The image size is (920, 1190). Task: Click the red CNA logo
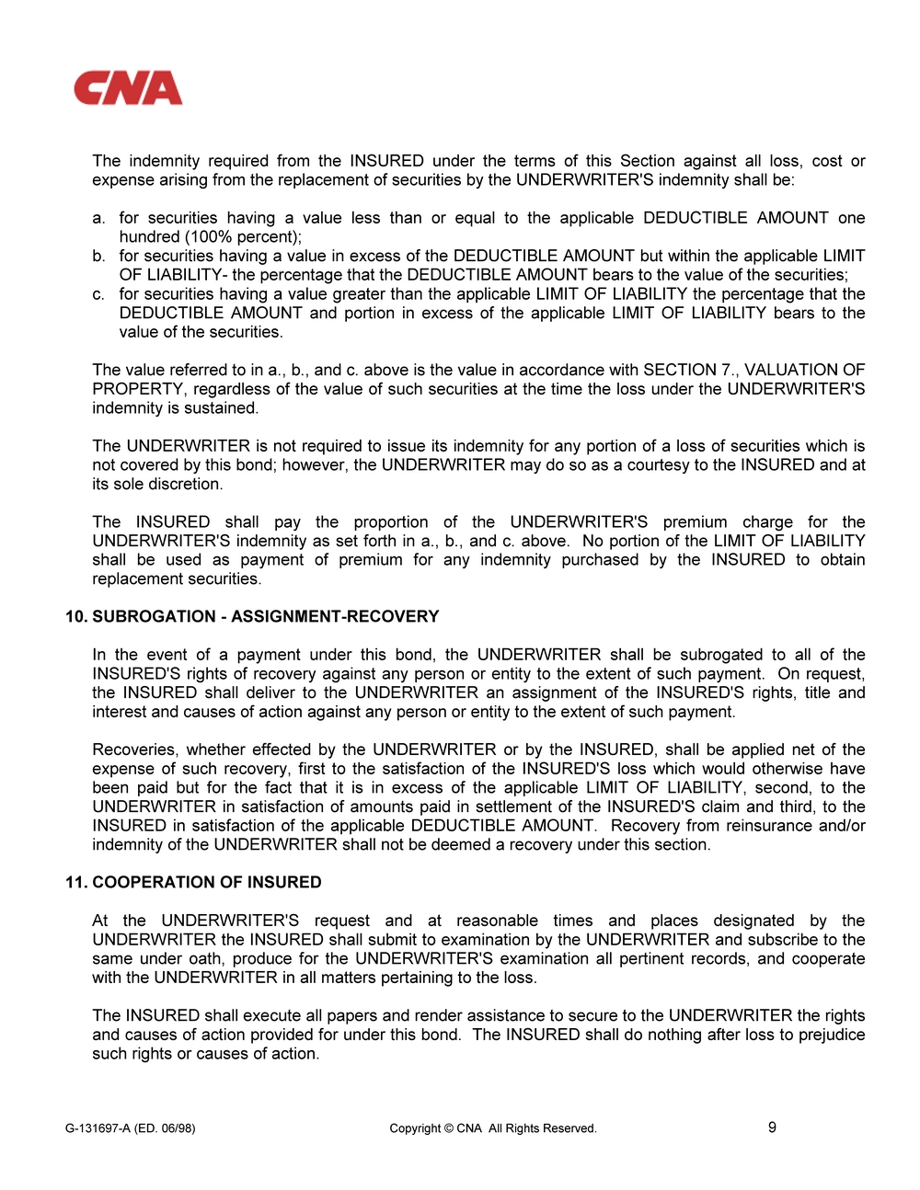tap(128, 88)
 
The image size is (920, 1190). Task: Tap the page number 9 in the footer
tap(772, 1127)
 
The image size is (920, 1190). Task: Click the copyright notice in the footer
tap(492, 1128)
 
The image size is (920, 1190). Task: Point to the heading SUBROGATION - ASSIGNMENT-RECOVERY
tap(265, 616)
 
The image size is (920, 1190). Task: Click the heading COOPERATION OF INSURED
tap(206, 882)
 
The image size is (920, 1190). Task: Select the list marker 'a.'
tap(98, 218)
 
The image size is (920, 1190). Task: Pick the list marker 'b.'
tap(98, 256)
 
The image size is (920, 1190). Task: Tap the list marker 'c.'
tap(98, 294)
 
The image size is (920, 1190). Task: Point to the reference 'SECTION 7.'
tap(690, 370)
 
